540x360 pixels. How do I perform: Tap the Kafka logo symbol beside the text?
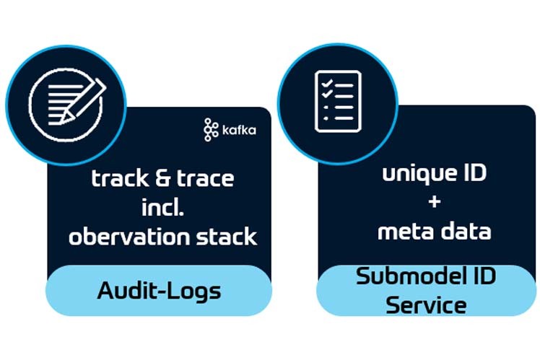click(211, 130)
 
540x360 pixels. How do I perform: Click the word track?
click(118, 179)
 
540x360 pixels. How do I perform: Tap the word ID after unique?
click(471, 175)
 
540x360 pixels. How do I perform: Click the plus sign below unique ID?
click(434, 203)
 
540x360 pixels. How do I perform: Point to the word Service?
click(425, 304)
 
